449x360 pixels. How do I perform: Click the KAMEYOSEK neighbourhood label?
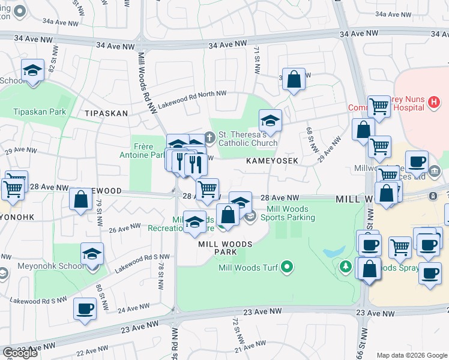[272, 161]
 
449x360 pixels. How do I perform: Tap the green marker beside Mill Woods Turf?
[287, 268]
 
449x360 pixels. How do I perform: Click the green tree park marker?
[346, 266]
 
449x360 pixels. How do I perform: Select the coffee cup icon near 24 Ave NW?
[85, 308]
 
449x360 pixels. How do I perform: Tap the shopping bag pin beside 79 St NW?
[80, 200]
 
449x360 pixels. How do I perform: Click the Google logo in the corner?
[20, 353]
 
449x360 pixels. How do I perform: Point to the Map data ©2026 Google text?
[411, 355]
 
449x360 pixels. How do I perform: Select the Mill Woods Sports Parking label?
[291, 213]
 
